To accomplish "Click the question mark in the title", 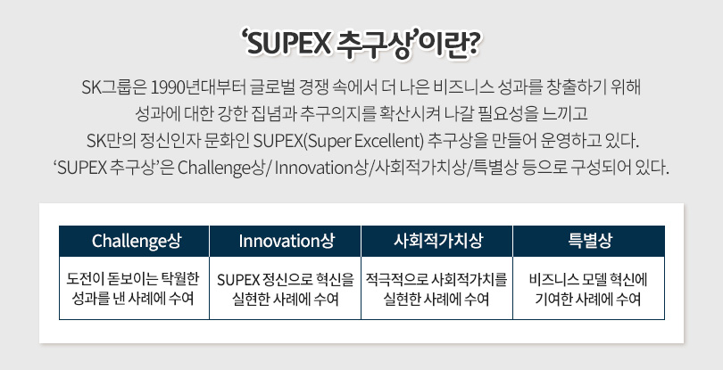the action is click(473, 45).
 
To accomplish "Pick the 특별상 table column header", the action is click(590, 241).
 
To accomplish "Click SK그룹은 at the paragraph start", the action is click(114, 87).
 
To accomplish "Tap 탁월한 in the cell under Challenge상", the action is click(179, 279).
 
